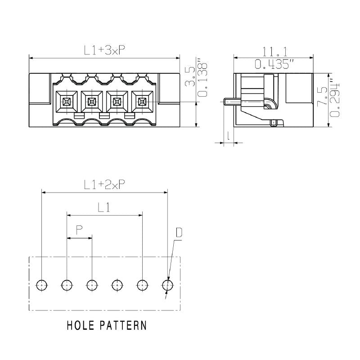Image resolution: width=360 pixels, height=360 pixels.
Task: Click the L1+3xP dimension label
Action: point(104,51)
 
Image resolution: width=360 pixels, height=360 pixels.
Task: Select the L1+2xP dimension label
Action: point(104,184)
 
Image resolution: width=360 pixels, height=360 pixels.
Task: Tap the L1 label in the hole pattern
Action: point(104,207)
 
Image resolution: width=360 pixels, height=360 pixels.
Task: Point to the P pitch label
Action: point(79,230)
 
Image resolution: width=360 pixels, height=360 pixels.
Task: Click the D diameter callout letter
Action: point(179,233)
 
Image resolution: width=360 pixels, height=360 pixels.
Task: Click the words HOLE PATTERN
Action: point(106,325)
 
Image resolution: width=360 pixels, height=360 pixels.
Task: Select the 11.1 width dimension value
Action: point(274,52)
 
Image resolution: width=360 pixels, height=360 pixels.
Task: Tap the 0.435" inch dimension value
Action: point(274,65)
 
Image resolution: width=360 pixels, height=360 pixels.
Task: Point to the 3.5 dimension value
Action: point(190,76)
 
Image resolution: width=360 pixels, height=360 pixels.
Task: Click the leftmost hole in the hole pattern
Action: point(41,284)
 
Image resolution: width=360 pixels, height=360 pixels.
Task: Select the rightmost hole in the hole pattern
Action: point(167,284)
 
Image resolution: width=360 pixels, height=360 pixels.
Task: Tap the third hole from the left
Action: point(92,284)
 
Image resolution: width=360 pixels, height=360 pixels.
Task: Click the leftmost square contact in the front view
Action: point(66,102)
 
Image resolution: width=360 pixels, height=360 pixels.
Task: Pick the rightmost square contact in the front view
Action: point(142,102)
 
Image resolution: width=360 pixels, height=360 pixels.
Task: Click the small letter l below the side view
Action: point(229,135)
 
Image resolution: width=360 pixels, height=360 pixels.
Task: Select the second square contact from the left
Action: point(91,102)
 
